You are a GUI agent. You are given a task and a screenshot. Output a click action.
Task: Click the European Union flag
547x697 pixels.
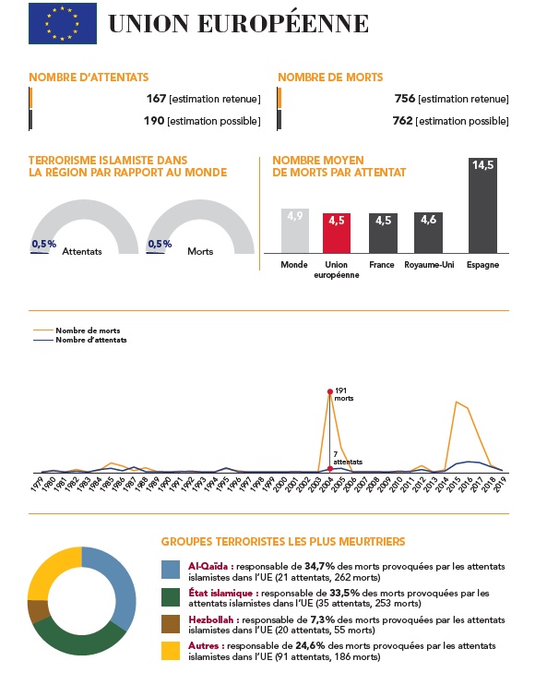point(63,24)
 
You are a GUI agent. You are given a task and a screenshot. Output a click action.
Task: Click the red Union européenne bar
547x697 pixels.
point(337,233)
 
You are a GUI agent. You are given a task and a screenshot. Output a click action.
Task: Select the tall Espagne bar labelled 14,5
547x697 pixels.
point(482,205)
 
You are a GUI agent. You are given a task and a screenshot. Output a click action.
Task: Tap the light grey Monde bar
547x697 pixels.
point(295,231)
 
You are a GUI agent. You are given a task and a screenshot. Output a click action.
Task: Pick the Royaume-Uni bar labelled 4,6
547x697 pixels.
point(428,233)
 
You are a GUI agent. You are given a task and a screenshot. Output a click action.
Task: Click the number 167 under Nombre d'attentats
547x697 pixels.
point(156,98)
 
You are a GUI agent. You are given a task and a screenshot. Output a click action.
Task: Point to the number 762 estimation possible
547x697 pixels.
point(403,120)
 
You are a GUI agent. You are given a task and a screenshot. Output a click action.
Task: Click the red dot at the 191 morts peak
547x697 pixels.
point(330,391)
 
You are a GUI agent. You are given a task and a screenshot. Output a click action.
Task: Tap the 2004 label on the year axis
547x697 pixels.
point(327,484)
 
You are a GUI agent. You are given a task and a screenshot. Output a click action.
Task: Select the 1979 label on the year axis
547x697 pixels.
point(37,484)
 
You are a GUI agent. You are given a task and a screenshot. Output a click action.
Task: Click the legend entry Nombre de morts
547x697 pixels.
point(77,330)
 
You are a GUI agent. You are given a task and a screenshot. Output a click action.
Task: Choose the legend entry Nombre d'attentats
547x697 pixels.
point(80,340)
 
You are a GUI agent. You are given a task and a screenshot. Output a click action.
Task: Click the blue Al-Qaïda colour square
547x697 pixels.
point(171,570)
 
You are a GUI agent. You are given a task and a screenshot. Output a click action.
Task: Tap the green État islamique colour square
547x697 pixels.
point(171,597)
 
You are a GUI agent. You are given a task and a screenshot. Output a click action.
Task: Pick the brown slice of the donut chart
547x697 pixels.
point(38,611)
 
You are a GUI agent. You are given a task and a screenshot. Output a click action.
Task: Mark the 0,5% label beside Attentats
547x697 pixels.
point(44,244)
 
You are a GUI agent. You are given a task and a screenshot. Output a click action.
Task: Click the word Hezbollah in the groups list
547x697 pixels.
point(211,619)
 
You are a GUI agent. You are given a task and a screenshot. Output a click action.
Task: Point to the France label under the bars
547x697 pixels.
point(382,264)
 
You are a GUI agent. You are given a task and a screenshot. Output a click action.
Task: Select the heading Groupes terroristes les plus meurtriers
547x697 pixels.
point(283,541)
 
